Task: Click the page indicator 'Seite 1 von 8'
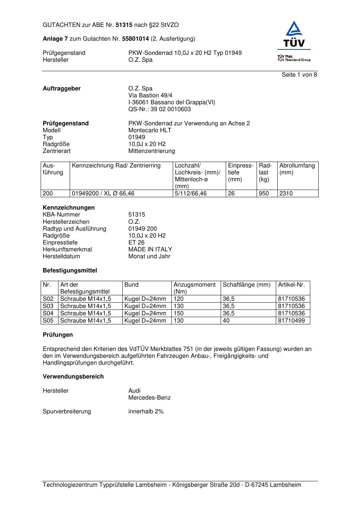299,75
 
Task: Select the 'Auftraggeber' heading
62,89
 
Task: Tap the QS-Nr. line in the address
159,109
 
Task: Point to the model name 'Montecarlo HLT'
150,130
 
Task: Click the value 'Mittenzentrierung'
151,151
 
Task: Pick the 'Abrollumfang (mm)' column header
297,169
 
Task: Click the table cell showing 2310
286,194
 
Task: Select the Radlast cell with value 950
264,194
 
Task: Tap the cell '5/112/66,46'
191,194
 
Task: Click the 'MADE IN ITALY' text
150,250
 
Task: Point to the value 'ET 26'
136,243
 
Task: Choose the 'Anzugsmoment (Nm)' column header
195,288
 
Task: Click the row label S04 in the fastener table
48,313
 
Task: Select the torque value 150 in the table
179,313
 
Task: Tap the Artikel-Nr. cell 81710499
291,321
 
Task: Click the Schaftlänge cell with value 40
226,321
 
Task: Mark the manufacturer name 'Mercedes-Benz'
149,398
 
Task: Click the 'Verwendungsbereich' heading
73,377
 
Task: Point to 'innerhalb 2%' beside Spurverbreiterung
146,412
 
